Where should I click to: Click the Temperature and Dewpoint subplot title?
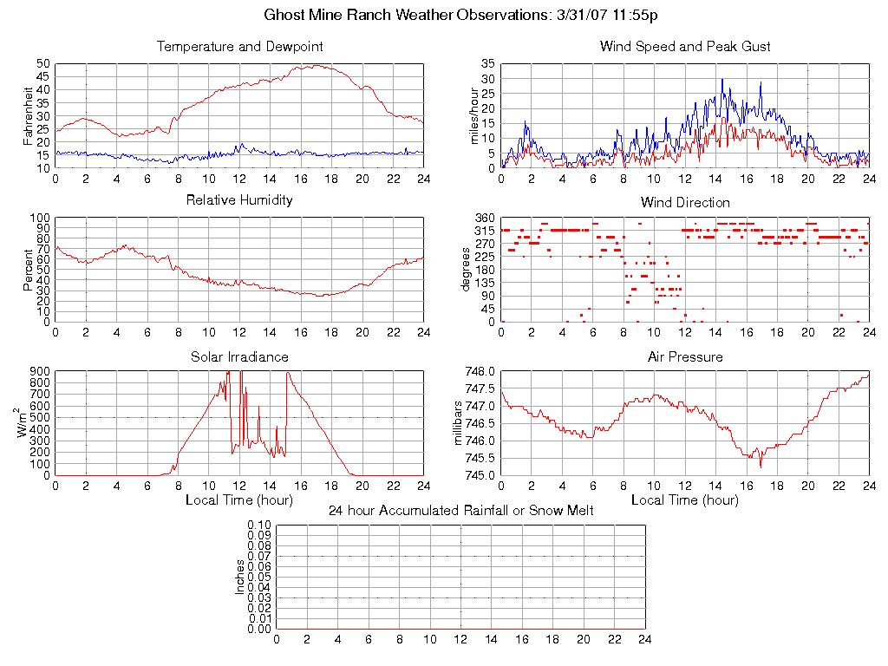[x=239, y=46]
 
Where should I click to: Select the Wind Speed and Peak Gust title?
[x=685, y=46]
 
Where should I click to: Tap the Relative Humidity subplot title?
[x=239, y=200]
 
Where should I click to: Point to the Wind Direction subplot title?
[x=685, y=202]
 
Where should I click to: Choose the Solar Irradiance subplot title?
[x=239, y=356]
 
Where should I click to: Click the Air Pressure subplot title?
[x=685, y=356]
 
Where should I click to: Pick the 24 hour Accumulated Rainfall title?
[x=460, y=511]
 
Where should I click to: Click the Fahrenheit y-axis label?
[x=29, y=116]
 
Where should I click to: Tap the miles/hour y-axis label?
[x=474, y=116]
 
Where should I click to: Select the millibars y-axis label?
[x=460, y=423]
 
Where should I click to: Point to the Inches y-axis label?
[x=240, y=577]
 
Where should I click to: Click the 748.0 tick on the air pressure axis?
[x=482, y=371]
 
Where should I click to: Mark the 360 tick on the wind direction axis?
[x=485, y=218]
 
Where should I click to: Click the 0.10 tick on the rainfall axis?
[x=259, y=525]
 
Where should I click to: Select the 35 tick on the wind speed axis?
[x=488, y=64]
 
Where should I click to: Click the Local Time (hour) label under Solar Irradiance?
[x=239, y=499]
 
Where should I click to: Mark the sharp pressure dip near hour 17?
[x=761, y=467]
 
